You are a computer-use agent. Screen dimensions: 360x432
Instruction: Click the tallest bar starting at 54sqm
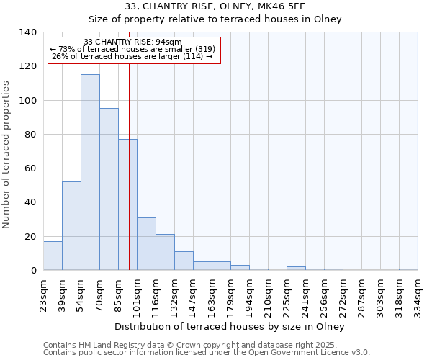coord(90,173)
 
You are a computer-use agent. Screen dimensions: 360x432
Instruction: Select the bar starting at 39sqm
coord(71,226)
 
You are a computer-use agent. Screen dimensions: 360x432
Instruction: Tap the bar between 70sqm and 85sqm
coord(109,189)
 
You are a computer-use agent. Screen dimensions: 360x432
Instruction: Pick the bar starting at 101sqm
coord(146,244)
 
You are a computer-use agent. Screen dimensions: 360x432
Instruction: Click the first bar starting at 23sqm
coord(53,256)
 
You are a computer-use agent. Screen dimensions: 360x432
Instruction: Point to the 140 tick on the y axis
coord(27,32)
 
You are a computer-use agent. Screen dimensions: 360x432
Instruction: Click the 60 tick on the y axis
coord(30,168)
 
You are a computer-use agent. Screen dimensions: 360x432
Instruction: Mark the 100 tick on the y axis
coord(27,100)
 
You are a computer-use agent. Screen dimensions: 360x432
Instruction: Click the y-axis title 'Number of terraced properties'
coord(8,154)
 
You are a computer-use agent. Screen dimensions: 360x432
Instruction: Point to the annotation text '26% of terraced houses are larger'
coord(132,57)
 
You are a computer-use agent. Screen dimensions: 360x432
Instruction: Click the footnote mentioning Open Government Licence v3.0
coord(207,352)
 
